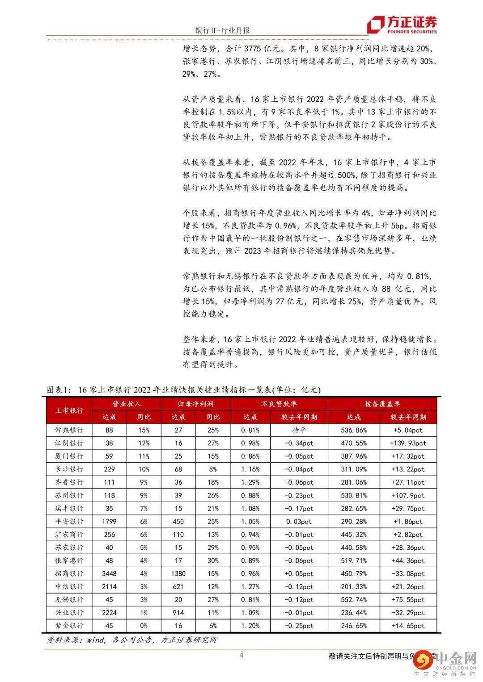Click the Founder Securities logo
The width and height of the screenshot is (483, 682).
coord(402,25)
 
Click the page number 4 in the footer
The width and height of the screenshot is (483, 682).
coord(241,655)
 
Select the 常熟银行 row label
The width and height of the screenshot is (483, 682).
coord(69,430)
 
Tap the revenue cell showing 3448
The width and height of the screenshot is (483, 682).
coord(109,573)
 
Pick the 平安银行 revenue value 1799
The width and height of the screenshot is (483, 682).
coord(109,521)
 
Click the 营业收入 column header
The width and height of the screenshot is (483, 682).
coord(127,404)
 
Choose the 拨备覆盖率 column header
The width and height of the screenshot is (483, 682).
coord(382,404)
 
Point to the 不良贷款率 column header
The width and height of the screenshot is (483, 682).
coord(279,404)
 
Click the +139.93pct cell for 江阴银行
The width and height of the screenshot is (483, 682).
coord(408,443)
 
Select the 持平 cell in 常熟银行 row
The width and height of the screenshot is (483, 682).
coord(299,430)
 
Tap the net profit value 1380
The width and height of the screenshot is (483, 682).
coord(178,573)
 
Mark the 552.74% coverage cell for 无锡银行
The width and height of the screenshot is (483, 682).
coord(354,599)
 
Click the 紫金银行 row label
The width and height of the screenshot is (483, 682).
coord(69,626)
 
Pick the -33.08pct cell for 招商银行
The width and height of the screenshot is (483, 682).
coord(408,573)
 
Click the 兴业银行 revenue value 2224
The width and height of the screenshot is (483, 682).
coord(109,613)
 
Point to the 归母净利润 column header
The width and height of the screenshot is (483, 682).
coord(195,404)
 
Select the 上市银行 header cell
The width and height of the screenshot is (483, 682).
coord(69,410)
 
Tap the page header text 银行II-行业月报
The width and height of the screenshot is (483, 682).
coord(222,30)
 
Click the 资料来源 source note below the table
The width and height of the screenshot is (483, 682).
coord(132,640)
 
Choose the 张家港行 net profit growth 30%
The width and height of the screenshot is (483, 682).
coord(213,561)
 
